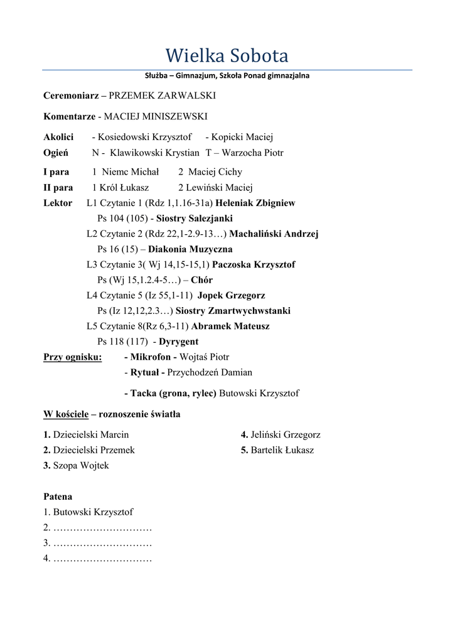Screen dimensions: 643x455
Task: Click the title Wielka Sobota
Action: [227, 56]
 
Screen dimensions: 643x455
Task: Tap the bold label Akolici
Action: [58, 137]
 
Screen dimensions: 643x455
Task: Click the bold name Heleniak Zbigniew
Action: [255, 203]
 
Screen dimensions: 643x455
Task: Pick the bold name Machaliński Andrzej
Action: [274, 234]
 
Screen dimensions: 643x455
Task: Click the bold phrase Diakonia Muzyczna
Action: [190, 249]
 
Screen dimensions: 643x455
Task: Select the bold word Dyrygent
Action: [178, 342]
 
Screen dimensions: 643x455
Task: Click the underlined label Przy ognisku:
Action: [73, 357]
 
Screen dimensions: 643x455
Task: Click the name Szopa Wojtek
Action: [81, 465]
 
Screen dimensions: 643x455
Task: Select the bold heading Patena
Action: [58, 496]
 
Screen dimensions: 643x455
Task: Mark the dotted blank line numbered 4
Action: [102, 558]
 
